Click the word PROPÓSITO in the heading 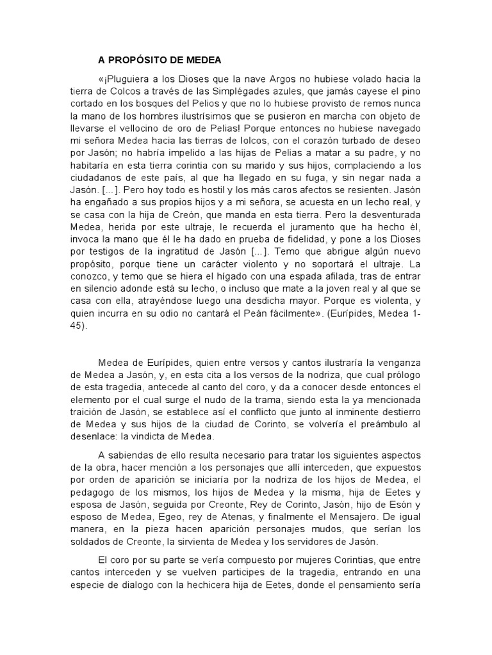coord(142,60)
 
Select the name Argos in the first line coord(264,79)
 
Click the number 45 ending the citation coord(80,326)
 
